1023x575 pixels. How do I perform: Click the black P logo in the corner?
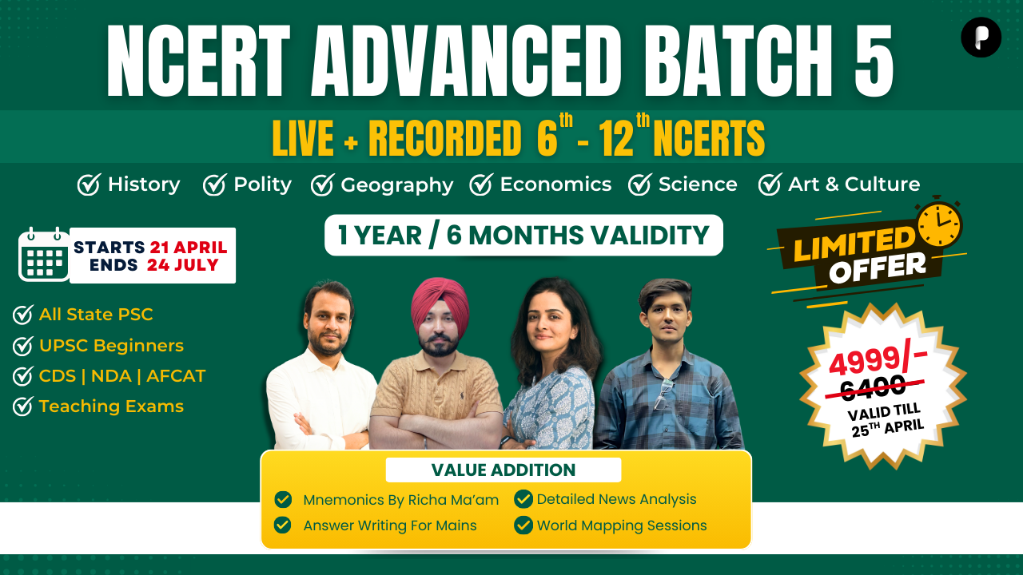tap(981, 37)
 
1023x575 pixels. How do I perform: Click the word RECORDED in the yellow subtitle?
tap(444, 138)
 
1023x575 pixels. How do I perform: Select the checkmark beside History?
tap(89, 184)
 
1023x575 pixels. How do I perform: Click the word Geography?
tap(397, 185)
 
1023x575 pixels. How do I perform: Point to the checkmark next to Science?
tap(639, 184)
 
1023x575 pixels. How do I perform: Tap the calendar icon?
tap(44, 254)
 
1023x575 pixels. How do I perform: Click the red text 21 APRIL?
tap(189, 248)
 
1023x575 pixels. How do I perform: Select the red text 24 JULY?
tap(183, 264)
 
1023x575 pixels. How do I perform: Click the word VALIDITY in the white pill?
tap(650, 236)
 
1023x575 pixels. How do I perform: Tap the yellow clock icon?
tap(940, 224)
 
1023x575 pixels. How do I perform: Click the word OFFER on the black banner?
tap(878, 268)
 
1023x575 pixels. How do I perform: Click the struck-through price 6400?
tap(873, 388)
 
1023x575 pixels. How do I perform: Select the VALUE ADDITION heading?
tap(504, 470)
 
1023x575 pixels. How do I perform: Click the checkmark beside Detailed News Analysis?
tap(523, 499)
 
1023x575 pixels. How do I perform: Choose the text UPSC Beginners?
tap(111, 346)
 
